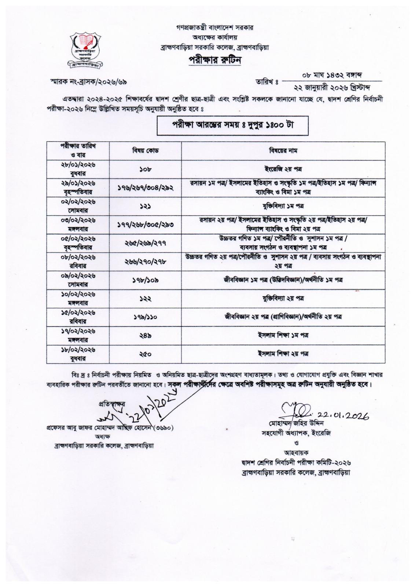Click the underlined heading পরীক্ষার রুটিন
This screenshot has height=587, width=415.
pyautogui.click(x=215, y=60)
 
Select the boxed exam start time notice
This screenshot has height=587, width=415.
pyautogui.click(x=233, y=125)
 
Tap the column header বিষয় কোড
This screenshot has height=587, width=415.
pyautogui.click(x=145, y=150)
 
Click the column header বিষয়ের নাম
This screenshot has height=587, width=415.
pyautogui.click(x=283, y=150)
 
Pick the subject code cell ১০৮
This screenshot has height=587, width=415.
pyautogui.click(x=145, y=169)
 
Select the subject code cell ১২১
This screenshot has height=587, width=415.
pyautogui.click(x=145, y=206)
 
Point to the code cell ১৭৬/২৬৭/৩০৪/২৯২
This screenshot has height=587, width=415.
pyautogui.click(x=145, y=187)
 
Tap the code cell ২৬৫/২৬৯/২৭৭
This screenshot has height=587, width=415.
pyautogui.click(x=145, y=243)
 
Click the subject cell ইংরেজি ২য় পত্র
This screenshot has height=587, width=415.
pyautogui.click(x=283, y=169)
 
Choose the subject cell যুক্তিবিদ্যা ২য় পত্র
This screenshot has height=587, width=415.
pyautogui.click(x=283, y=299)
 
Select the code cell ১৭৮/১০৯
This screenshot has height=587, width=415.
pyautogui.click(x=145, y=280)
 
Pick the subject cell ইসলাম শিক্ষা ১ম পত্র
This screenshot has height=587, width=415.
pyautogui.click(x=283, y=335)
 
